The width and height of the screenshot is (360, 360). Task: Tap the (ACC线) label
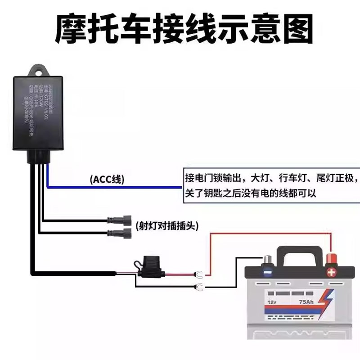pyautogui.click(x=108, y=179)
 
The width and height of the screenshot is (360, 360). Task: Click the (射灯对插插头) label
pyautogui.click(x=166, y=225)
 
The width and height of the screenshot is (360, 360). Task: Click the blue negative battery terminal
pyautogui.click(x=268, y=270)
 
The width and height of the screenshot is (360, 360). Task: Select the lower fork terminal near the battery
pyautogui.click(x=198, y=288)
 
